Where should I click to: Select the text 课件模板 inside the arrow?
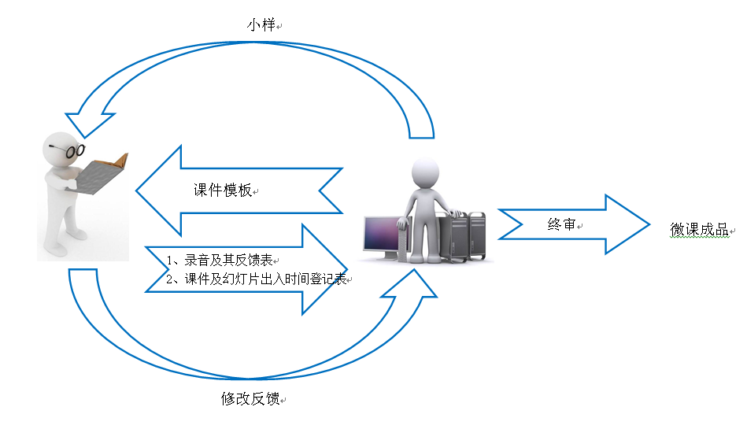tap(223, 190)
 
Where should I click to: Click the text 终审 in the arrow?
tap(561, 224)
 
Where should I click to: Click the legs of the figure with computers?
tap(427, 236)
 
